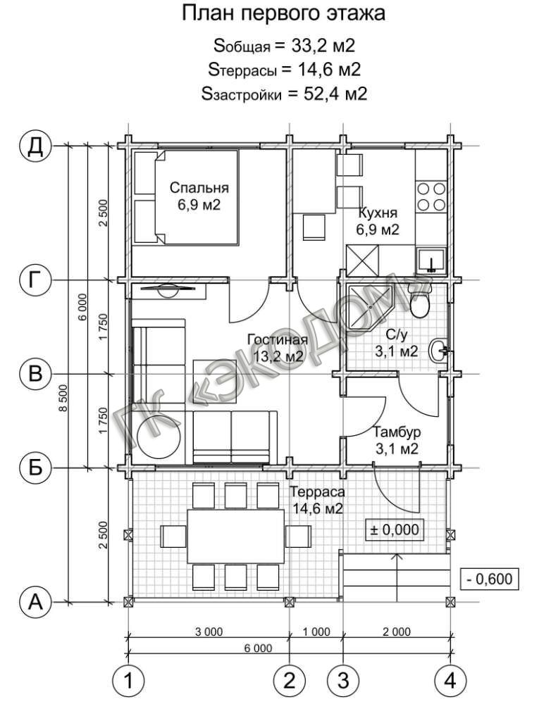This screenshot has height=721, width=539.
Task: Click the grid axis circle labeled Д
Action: pos(35,146)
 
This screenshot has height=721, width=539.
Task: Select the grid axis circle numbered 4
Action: pos(451,680)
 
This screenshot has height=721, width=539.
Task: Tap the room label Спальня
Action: pos(199,187)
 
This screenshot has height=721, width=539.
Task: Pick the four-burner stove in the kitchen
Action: pos(430,196)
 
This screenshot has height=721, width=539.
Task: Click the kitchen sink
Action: pos(431,261)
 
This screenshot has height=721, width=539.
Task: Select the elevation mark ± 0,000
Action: pos(395,529)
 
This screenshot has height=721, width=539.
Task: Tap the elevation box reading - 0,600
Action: pos(490,579)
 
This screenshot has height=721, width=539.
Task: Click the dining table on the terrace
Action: pos(235,536)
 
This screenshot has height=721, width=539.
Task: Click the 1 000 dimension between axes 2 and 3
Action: pos(316,632)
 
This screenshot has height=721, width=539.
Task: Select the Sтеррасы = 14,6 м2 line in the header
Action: pos(284,70)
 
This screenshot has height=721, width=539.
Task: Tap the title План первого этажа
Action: pos(283,14)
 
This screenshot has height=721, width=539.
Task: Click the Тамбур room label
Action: pos(396,432)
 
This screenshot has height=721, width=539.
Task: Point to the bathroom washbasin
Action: pos(438,351)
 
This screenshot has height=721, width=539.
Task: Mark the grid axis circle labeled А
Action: pos(35,601)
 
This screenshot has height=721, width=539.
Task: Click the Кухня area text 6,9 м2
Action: pos(378,229)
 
